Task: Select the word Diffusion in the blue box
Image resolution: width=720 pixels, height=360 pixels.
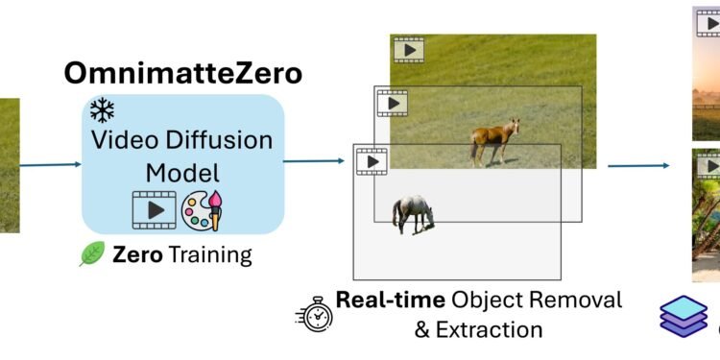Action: pos(226,140)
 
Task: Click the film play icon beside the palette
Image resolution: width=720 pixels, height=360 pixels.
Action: pos(154,210)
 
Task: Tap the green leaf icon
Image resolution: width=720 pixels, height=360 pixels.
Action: pos(92,254)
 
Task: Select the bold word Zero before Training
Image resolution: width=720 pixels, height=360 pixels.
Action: pos(135,255)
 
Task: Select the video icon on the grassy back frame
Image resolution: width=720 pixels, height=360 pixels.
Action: pos(407,50)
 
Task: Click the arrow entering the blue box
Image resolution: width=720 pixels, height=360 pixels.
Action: pos(50,164)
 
